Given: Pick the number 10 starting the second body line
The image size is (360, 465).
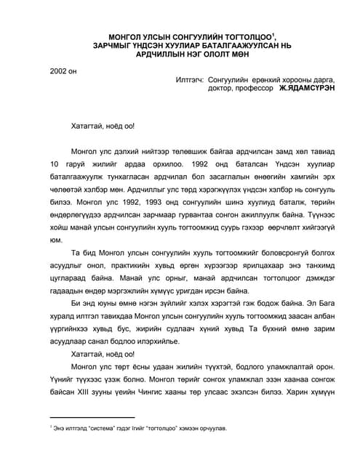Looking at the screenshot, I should click(x=56, y=163).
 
